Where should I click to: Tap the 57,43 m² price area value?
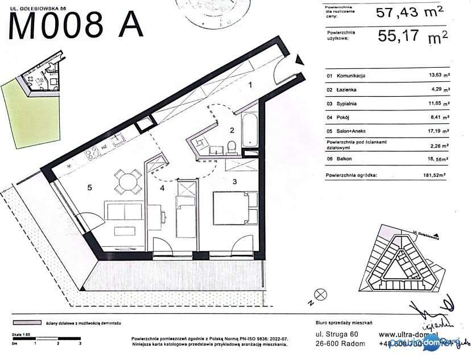pyautogui.click(x=409, y=13)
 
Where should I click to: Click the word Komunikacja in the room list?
pyautogui.click(x=351, y=75)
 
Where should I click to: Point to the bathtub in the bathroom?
pyautogui.click(x=249, y=130)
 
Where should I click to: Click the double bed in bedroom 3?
pyautogui.click(x=234, y=208)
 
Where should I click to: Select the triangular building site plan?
pyautogui.click(x=404, y=256)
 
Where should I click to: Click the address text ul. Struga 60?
pyautogui.click(x=337, y=334)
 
